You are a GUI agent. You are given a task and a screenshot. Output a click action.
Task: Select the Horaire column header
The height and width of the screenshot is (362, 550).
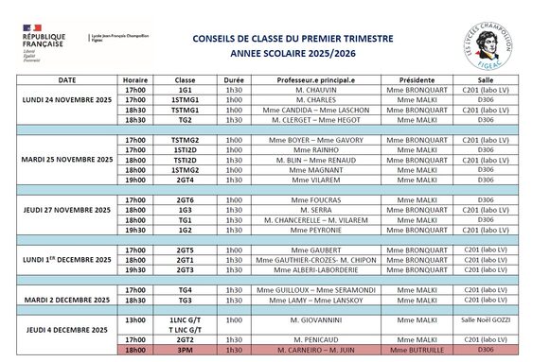point(135,80)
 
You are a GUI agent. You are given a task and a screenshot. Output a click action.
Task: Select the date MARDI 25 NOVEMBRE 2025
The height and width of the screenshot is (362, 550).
point(67,160)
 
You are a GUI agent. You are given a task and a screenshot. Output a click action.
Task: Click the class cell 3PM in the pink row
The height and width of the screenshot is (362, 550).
point(185,349)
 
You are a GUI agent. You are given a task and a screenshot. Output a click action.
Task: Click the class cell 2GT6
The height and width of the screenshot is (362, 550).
point(185,200)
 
